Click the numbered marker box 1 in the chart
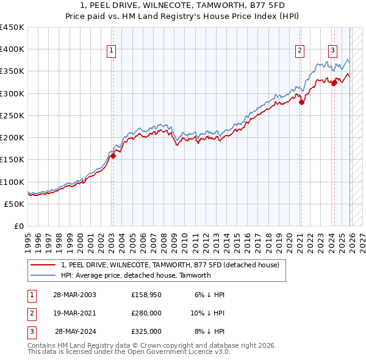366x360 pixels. [112, 51]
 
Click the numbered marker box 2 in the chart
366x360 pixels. [300, 51]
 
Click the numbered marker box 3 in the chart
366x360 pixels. [333, 51]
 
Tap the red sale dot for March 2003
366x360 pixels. [113, 156]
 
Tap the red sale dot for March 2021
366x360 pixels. [301, 103]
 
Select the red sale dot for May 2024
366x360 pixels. [334, 84]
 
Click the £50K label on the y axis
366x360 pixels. [15, 204]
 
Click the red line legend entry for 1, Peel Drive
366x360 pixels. [170, 265]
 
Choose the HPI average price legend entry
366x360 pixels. [135, 275]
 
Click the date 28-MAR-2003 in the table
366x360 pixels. [74, 295]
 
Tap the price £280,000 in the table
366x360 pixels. [146, 313]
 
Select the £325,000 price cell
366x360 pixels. [146, 331]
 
